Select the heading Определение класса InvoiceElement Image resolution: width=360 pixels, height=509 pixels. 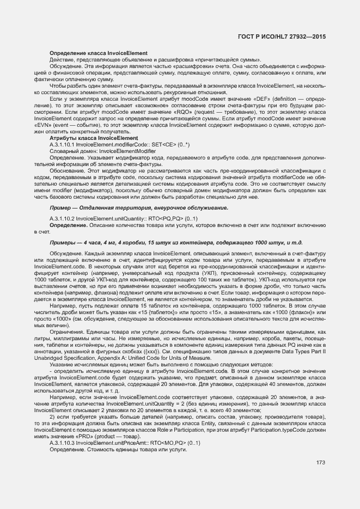click(x=99, y=53)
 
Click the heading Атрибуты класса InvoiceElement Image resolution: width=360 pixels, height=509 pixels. click(x=94, y=138)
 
